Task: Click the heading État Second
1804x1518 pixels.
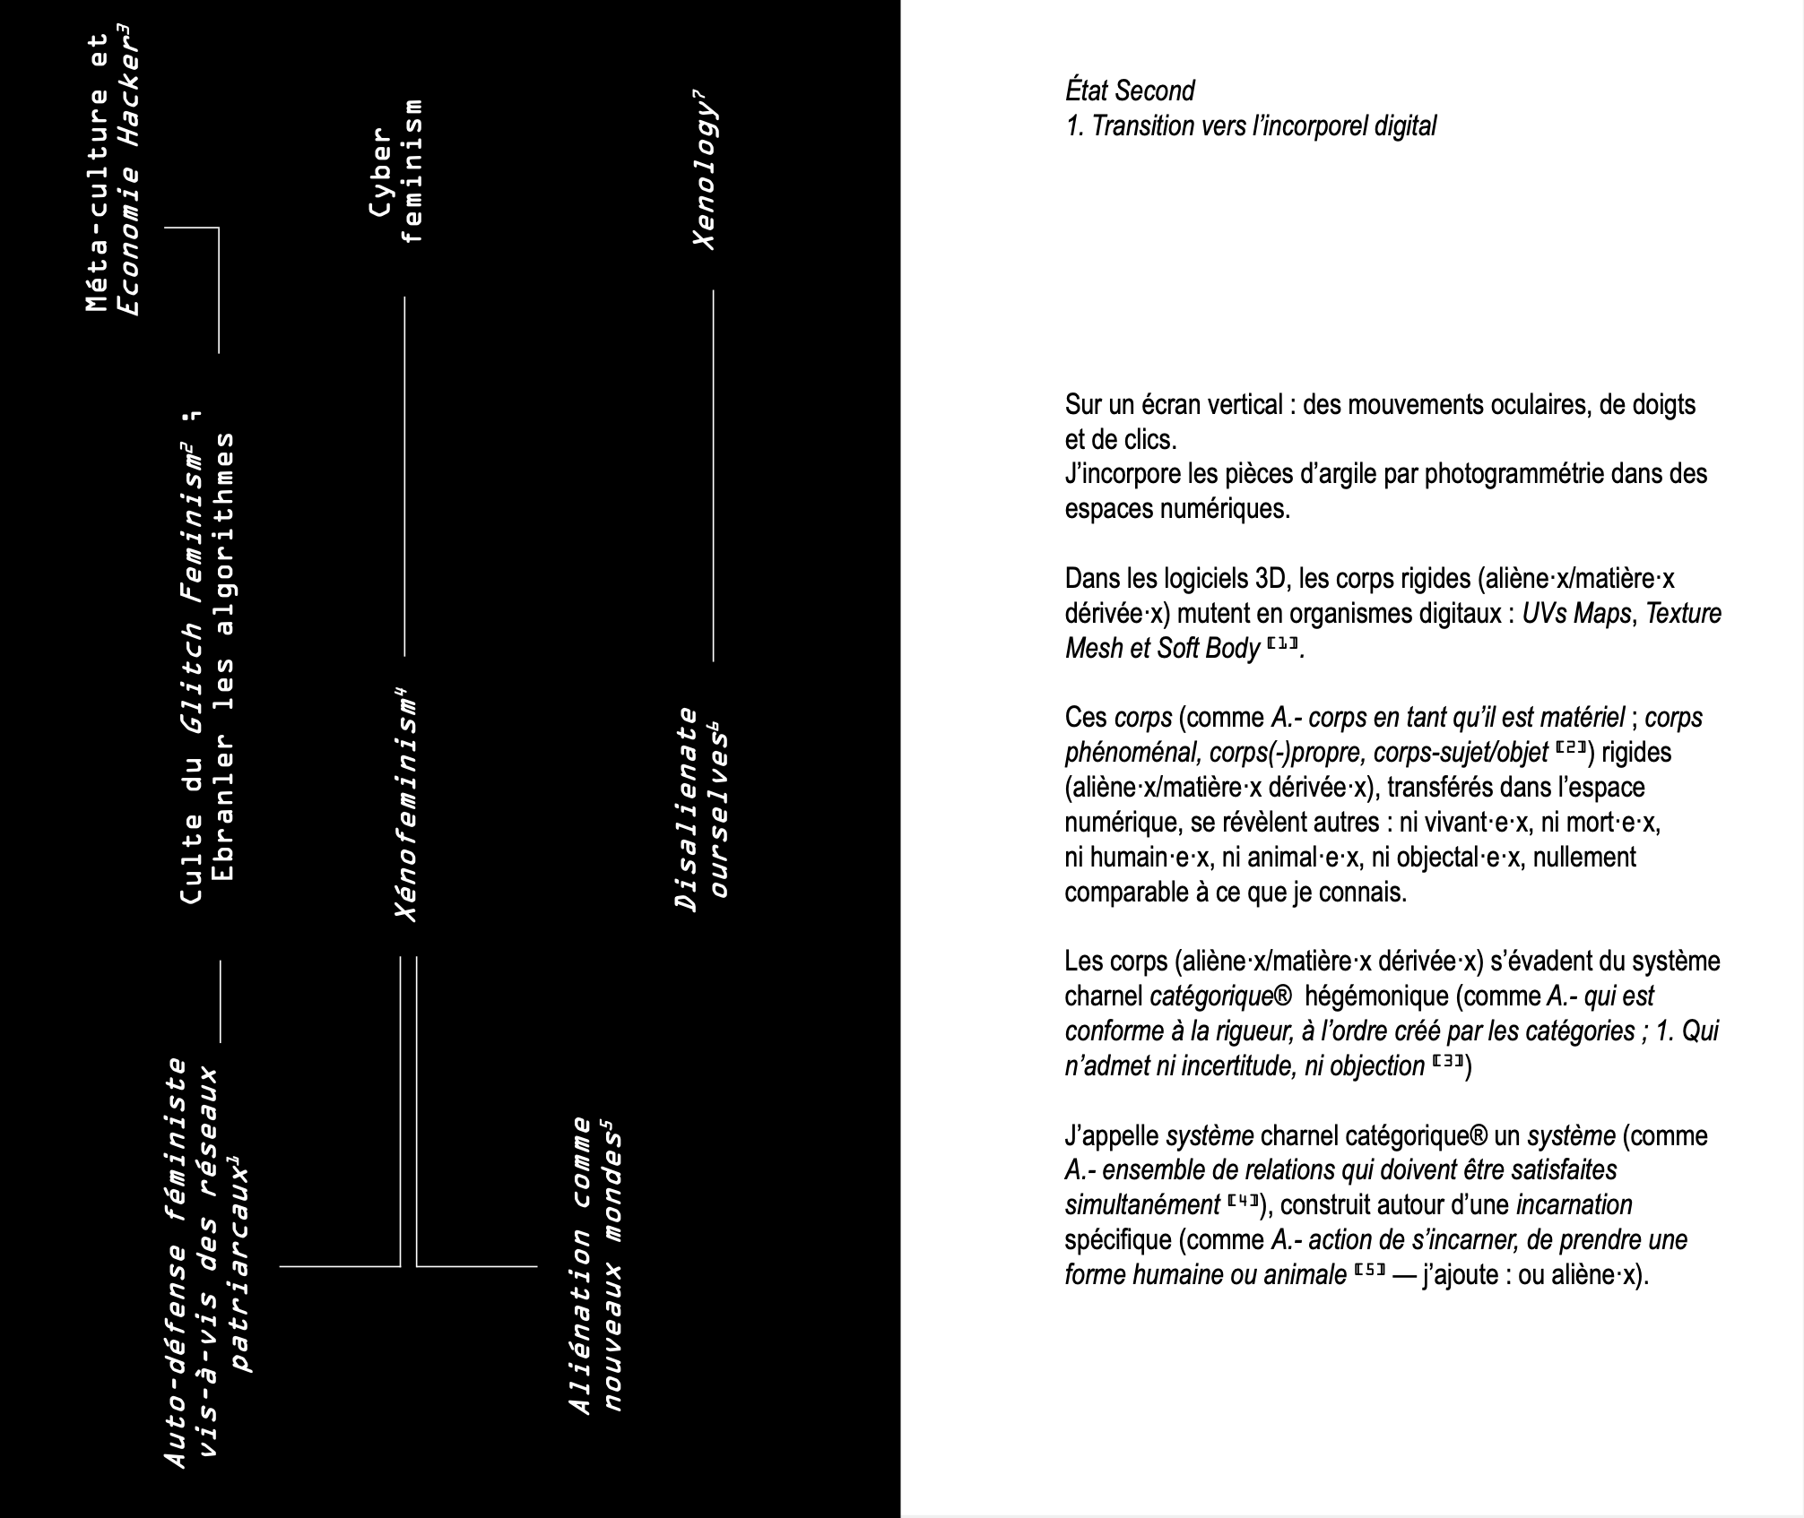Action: click(x=1130, y=91)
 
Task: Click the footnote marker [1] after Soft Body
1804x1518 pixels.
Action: click(x=1282, y=645)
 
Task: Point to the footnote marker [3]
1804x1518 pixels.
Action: click(x=1448, y=1063)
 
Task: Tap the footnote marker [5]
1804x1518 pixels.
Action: click(x=1371, y=1272)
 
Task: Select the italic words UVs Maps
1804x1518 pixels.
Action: click(x=1575, y=614)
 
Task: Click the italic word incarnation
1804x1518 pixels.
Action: click(x=1574, y=1204)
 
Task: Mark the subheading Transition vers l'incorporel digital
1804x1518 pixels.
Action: click(x=1251, y=126)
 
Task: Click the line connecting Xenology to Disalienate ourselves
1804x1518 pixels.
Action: click(x=713, y=475)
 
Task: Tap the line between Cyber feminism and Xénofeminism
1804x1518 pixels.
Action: click(x=404, y=475)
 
